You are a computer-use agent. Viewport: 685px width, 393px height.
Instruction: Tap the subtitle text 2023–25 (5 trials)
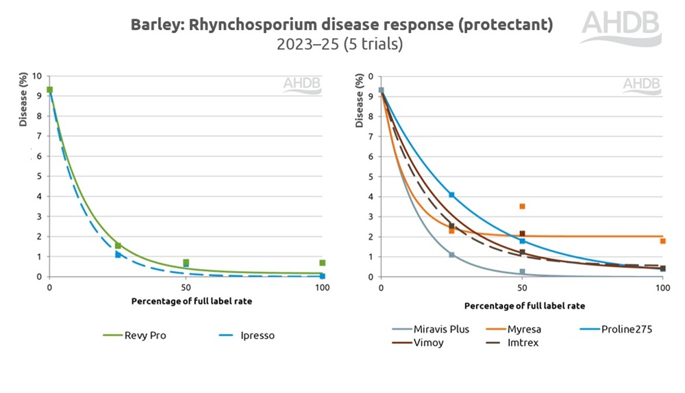click(x=340, y=45)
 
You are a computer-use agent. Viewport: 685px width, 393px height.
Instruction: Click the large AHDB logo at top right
click(x=621, y=27)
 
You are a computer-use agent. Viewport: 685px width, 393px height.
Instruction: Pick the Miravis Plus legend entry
click(x=432, y=329)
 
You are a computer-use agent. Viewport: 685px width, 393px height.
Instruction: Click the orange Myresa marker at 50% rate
click(x=522, y=206)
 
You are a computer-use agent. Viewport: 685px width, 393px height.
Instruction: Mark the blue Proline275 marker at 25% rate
click(x=451, y=195)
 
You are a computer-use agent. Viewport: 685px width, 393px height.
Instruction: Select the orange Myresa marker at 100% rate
click(x=662, y=241)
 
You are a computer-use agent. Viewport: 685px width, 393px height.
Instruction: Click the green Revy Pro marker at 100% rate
click(x=322, y=263)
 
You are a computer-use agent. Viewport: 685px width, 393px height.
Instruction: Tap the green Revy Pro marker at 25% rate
click(x=118, y=246)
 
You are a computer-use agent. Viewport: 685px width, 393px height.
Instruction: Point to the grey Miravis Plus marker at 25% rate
click(x=451, y=255)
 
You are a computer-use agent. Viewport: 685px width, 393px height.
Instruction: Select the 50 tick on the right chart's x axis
click(x=521, y=288)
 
